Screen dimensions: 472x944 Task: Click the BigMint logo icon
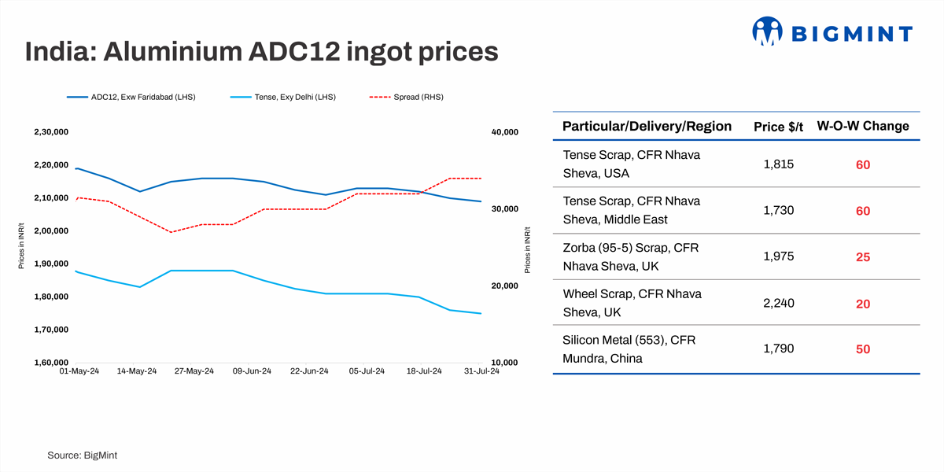coord(768,31)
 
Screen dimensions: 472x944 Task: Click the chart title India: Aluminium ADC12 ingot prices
coord(261,52)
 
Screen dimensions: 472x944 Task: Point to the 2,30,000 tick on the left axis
coord(51,132)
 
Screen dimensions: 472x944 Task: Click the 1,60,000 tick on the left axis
coord(51,363)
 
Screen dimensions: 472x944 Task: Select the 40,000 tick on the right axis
coord(504,132)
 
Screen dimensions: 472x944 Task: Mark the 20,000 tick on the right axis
coord(504,286)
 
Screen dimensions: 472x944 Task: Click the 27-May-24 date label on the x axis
coord(194,372)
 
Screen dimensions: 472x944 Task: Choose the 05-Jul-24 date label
coord(366,372)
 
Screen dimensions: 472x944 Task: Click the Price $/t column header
coord(779,127)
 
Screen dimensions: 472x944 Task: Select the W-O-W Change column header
coord(862,126)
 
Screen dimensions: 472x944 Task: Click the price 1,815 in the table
coord(779,164)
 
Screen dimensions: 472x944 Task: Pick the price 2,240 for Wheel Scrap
coord(779,304)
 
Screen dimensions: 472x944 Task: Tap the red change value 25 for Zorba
coord(863,257)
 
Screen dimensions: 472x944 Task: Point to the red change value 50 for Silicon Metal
coord(863,349)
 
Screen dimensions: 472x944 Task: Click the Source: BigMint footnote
coord(82,455)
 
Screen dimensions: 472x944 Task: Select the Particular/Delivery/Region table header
coord(647,126)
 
